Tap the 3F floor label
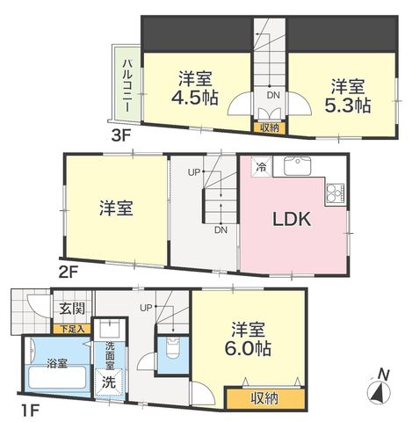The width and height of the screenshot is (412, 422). tap(120, 135)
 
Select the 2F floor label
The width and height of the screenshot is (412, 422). tap(68, 273)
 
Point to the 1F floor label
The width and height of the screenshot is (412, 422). tap(30, 411)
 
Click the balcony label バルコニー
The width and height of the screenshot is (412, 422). tap(127, 85)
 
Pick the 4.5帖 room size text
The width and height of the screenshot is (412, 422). tap(195, 98)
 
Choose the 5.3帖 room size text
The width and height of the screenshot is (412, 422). tap(348, 105)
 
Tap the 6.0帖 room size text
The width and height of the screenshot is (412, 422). tap(248, 348)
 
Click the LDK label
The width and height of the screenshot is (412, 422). tap(292, 219)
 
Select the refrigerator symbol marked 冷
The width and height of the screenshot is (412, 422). tap(262, 166)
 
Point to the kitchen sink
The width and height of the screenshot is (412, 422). tap(297, 166)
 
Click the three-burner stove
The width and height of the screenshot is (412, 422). tap(336, 193)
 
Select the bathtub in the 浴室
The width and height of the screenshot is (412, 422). tap(57, 377)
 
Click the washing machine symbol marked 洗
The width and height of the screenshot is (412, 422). tap(109, 382)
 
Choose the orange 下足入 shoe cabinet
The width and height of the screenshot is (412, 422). tap(72, 329)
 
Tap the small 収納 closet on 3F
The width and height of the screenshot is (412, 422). tap(270, 127)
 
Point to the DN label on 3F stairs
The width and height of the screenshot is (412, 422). tap(273, 95)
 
